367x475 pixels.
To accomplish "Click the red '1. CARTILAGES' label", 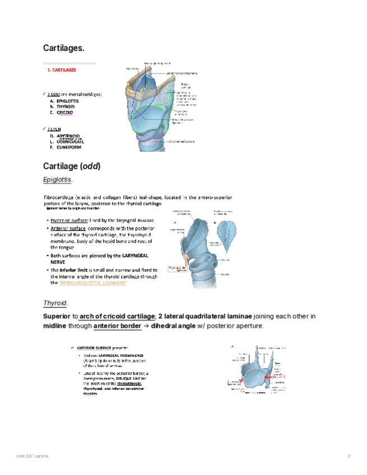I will coord(62,71).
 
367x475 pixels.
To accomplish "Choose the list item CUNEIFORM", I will coord(67,147).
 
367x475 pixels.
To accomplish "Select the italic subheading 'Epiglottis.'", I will coord(58,179).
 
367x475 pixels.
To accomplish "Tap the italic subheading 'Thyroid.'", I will coord(55,303).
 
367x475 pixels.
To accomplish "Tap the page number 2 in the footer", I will coord(349,457).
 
